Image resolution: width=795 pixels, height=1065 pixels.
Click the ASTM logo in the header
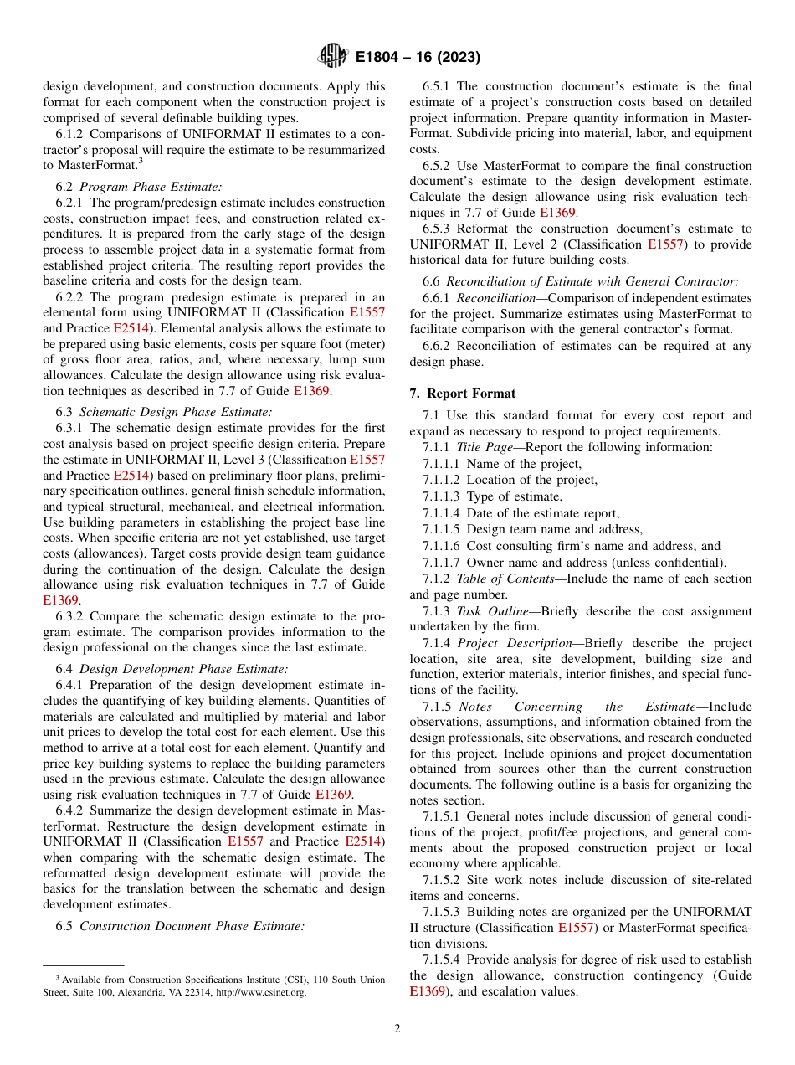[x=332, y=57]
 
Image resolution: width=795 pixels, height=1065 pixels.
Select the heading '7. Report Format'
[x=462, y=394]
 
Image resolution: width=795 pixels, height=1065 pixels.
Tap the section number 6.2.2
[x=71, y=297]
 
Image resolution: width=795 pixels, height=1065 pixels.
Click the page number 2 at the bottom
[x=397, y=1029]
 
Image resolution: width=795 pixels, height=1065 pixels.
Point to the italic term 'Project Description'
[x=502, y=643]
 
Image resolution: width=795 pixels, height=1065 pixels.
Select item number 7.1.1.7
[x=442, y=563]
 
